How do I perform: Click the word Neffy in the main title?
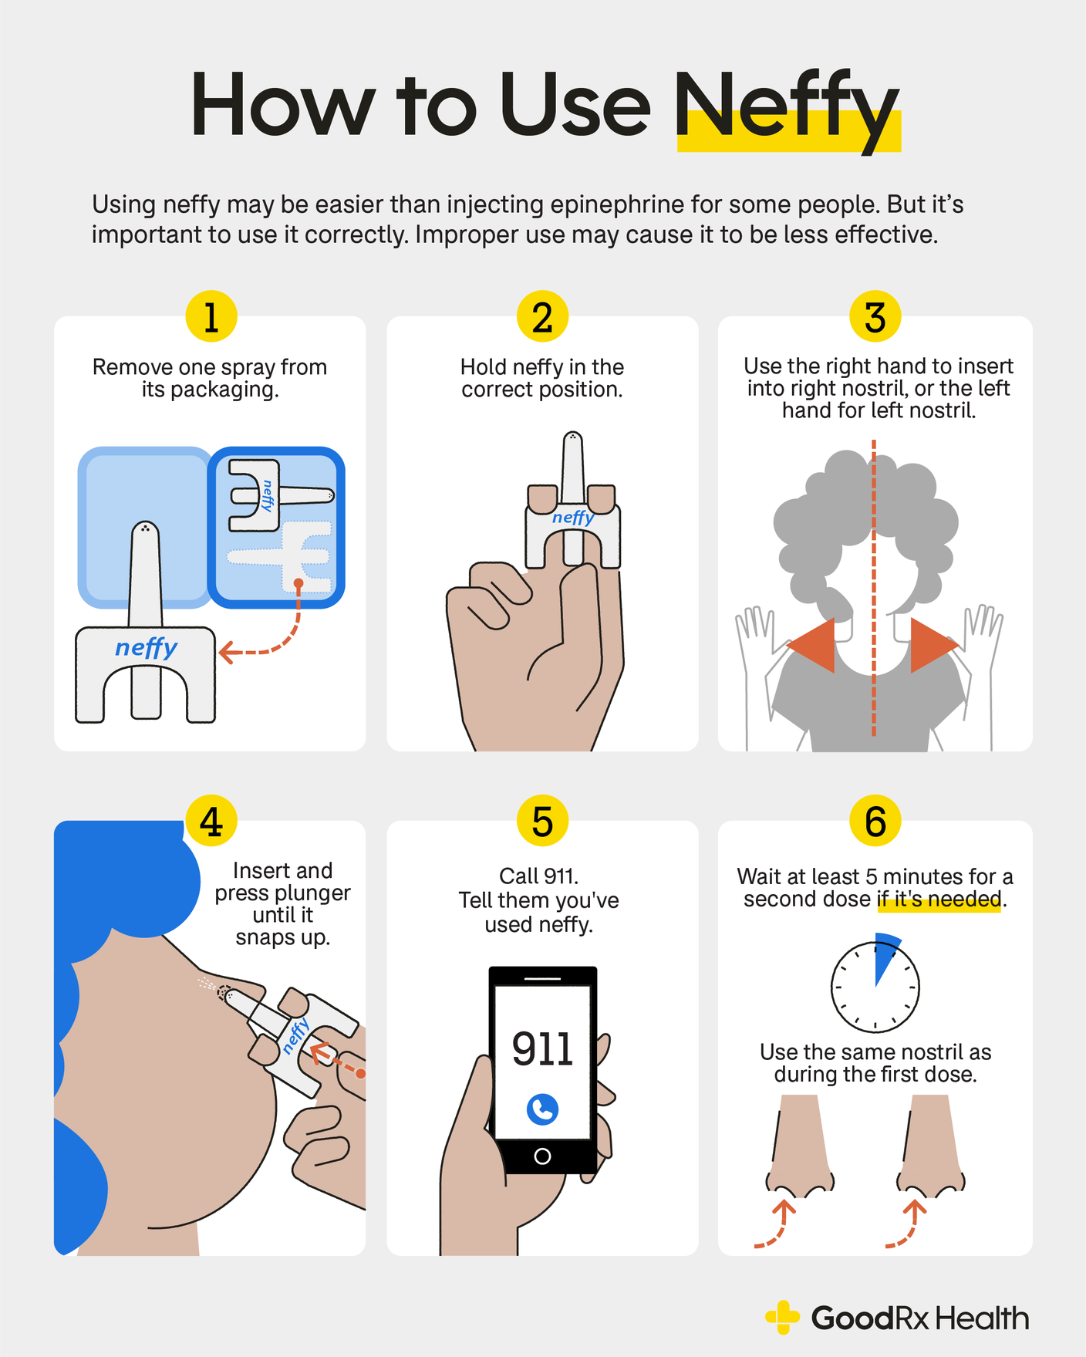(x=787, y=108)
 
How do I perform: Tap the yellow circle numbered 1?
(x=211, y=316)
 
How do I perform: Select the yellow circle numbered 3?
(x=875, y=316)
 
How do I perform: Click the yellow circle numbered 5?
(x=542, y=821)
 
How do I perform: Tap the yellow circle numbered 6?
(x=875, y=821)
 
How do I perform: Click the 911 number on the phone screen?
(x=542, y=1049)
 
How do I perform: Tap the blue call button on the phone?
(x=542, y=1109)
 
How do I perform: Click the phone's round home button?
(x=542, y=1156)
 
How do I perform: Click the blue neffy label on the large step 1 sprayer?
(x=146, y=647)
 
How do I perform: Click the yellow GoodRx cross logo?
(x=783, y=1318)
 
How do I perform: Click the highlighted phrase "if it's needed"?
(x=939, y=900)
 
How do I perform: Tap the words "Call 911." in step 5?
(x=538, y=876)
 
